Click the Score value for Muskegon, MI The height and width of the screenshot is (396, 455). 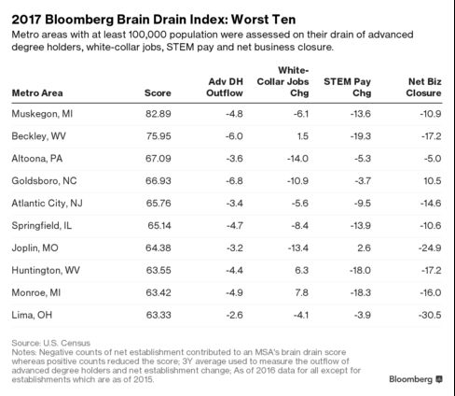159,114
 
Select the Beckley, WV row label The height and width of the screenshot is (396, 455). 39,136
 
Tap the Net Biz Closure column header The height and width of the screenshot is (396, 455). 424,87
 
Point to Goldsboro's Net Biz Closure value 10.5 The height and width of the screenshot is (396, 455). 433,181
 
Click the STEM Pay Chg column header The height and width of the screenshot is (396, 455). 348,87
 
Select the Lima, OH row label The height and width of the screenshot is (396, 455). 32,315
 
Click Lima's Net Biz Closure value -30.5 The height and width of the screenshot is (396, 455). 430,315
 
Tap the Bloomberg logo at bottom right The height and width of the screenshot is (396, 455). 416,379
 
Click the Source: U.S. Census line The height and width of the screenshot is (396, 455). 51,343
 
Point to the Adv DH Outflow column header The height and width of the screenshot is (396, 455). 225,87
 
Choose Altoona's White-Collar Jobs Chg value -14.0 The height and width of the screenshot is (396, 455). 297,159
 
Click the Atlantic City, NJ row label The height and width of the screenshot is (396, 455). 48,204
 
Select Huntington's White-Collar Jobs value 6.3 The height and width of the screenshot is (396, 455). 302,270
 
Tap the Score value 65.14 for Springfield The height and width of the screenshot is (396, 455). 159,225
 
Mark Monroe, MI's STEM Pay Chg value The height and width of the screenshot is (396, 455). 361,292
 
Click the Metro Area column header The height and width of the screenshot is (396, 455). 37,92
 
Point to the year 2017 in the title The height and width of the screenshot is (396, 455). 26,20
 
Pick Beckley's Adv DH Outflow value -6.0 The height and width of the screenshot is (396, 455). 234,136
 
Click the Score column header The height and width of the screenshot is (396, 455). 158,92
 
